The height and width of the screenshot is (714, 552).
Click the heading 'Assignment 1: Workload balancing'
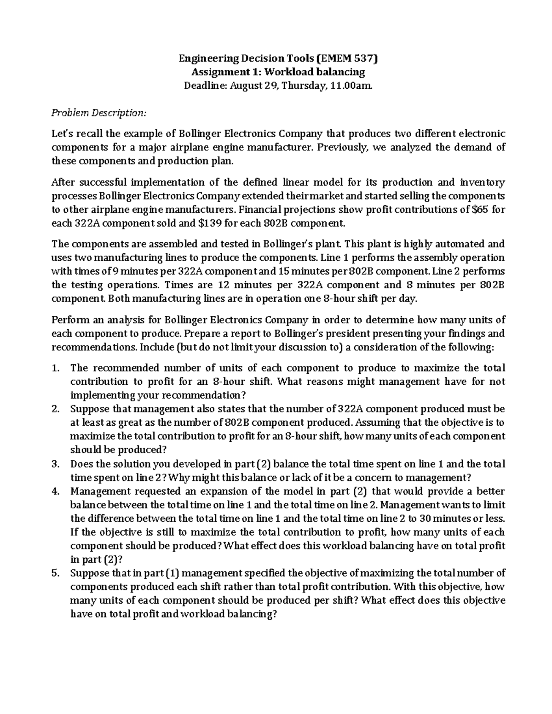point(278,72)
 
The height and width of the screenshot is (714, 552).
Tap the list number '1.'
point(56,368)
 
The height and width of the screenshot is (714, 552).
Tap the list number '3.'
point(56,464)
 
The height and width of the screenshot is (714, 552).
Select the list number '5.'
point(56,573)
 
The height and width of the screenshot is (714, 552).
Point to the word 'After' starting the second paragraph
point(62,182)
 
